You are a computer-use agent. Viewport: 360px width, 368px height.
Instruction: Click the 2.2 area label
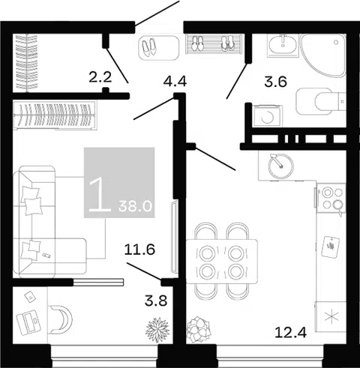[x=100, y=77]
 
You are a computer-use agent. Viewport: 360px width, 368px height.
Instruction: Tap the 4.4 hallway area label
[x=175, y=81]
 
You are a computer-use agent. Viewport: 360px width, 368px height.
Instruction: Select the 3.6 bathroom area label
[x=275, y=82]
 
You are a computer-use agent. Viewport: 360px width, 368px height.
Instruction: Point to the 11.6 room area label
[x=139, y=250]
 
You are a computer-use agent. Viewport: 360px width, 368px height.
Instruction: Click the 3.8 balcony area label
[x=156, y=301]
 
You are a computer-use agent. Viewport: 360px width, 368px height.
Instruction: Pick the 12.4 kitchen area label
[x=290, y=332]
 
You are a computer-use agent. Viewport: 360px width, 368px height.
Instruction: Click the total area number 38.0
[x=135, y=206]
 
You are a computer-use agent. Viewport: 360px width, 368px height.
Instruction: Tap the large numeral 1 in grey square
[x=99, y=195]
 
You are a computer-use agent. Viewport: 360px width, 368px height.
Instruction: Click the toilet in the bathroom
[x=321, y=101]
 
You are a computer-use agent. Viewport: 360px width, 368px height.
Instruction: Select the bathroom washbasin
[x=283, y=44]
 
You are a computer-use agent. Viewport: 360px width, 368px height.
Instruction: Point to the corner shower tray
[x=323, y=55]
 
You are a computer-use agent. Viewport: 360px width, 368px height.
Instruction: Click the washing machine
[x=267, y=116]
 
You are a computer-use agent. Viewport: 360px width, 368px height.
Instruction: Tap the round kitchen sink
[x=280, y=166]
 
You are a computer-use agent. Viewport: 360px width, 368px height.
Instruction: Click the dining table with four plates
[x=222, y=262]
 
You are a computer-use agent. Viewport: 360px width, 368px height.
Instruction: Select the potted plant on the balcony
[x=157, y=330]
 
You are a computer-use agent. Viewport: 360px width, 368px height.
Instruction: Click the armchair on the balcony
[x=60, y=319]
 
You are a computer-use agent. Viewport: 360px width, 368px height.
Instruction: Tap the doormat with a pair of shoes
[x=159, y=48]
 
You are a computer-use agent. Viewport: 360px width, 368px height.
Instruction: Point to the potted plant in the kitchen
[x=199, y=330]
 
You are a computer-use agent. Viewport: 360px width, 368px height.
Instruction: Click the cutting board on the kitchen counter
[x=330, y=247]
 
